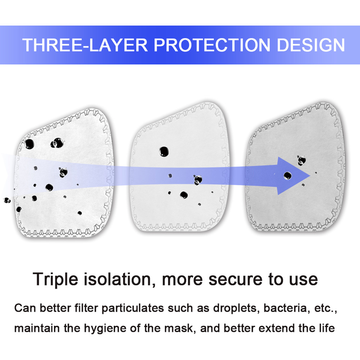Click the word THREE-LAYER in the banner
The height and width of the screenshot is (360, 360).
85,45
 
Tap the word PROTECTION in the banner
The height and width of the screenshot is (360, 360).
212,45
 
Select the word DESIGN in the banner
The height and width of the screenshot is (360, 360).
311,45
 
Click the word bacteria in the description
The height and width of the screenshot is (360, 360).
286,308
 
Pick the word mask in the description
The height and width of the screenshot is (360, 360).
180,328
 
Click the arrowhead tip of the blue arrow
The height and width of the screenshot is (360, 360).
310,176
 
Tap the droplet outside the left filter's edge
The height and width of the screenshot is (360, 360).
7,200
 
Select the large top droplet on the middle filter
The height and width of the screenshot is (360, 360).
164,152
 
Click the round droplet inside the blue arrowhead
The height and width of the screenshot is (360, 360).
288,176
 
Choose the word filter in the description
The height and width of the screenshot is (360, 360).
86,308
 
